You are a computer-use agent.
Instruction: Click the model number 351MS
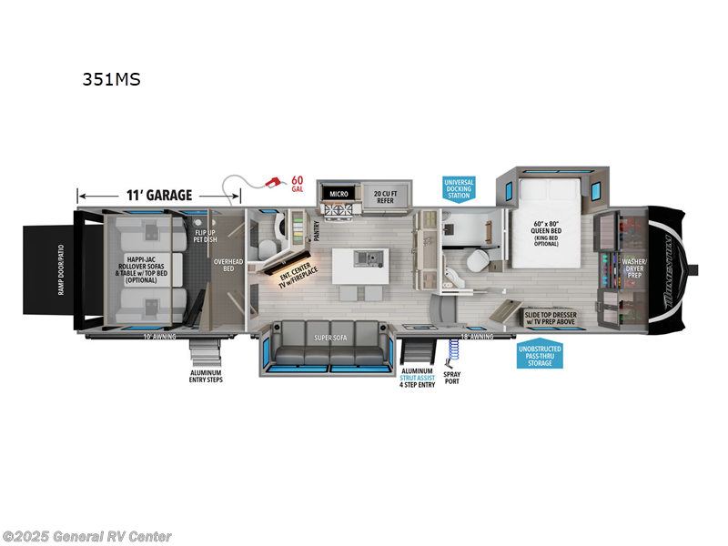pos(111,79)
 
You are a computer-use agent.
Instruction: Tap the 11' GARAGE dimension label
pos(159,195)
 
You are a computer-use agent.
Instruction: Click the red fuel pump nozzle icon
pos(269,183)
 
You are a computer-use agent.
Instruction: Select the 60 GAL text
pos(296,184)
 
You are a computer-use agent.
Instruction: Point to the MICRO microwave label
pos(339,193)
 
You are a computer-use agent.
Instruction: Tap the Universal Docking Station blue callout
pos(459,188)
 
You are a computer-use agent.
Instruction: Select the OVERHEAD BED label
pos(227,265)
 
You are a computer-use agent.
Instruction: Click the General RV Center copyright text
pos(87,536)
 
